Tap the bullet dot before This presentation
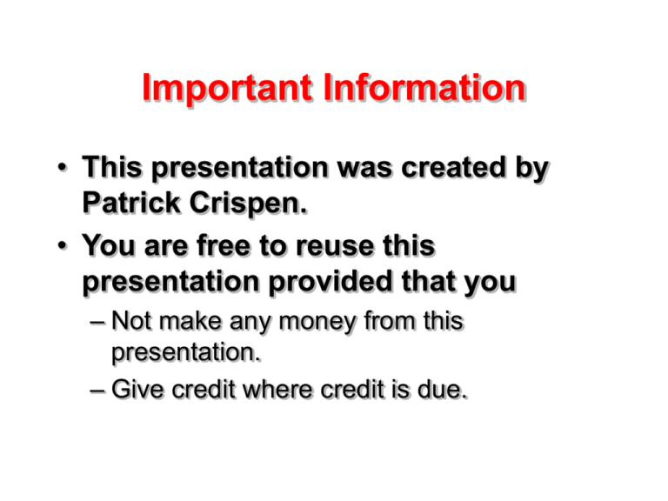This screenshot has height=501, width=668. (x=64, y=170)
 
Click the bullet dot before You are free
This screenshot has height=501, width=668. (x=64, y=249)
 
